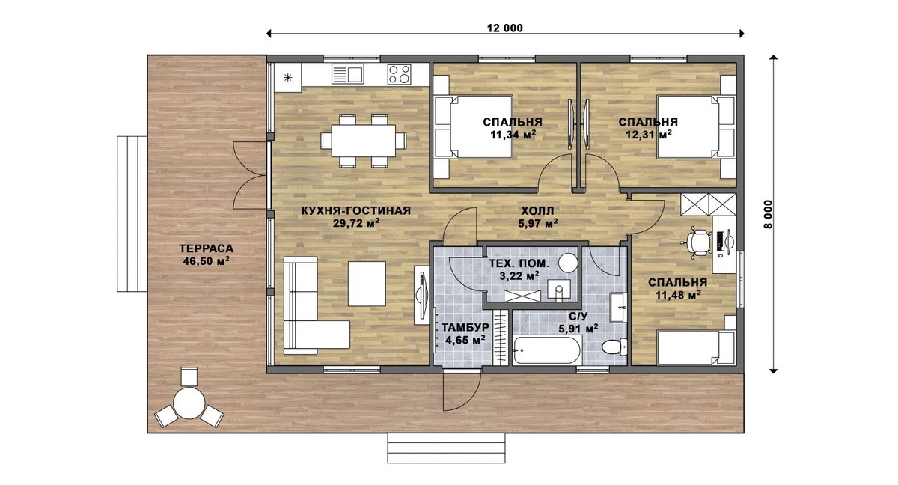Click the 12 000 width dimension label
pos(504,28)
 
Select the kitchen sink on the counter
pos(347,74)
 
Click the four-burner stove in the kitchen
pos(399,75)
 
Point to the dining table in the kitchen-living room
pos(363,141)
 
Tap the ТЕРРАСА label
pos(206,248)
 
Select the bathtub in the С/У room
pos(546,350)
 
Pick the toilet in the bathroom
pos(614,347)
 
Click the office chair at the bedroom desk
pos(697,242)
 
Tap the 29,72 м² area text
pos(356,223)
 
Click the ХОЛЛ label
pos(537,210)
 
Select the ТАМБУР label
pos(465,328)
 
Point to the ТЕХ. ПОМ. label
pos(519,263)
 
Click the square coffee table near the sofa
pos(367,284)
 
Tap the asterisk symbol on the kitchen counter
pos(288,77)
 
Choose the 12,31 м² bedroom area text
pos(649,135)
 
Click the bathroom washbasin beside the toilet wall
pos(619,307)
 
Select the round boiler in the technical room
pos(568,263)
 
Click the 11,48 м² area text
pos(678,295)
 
